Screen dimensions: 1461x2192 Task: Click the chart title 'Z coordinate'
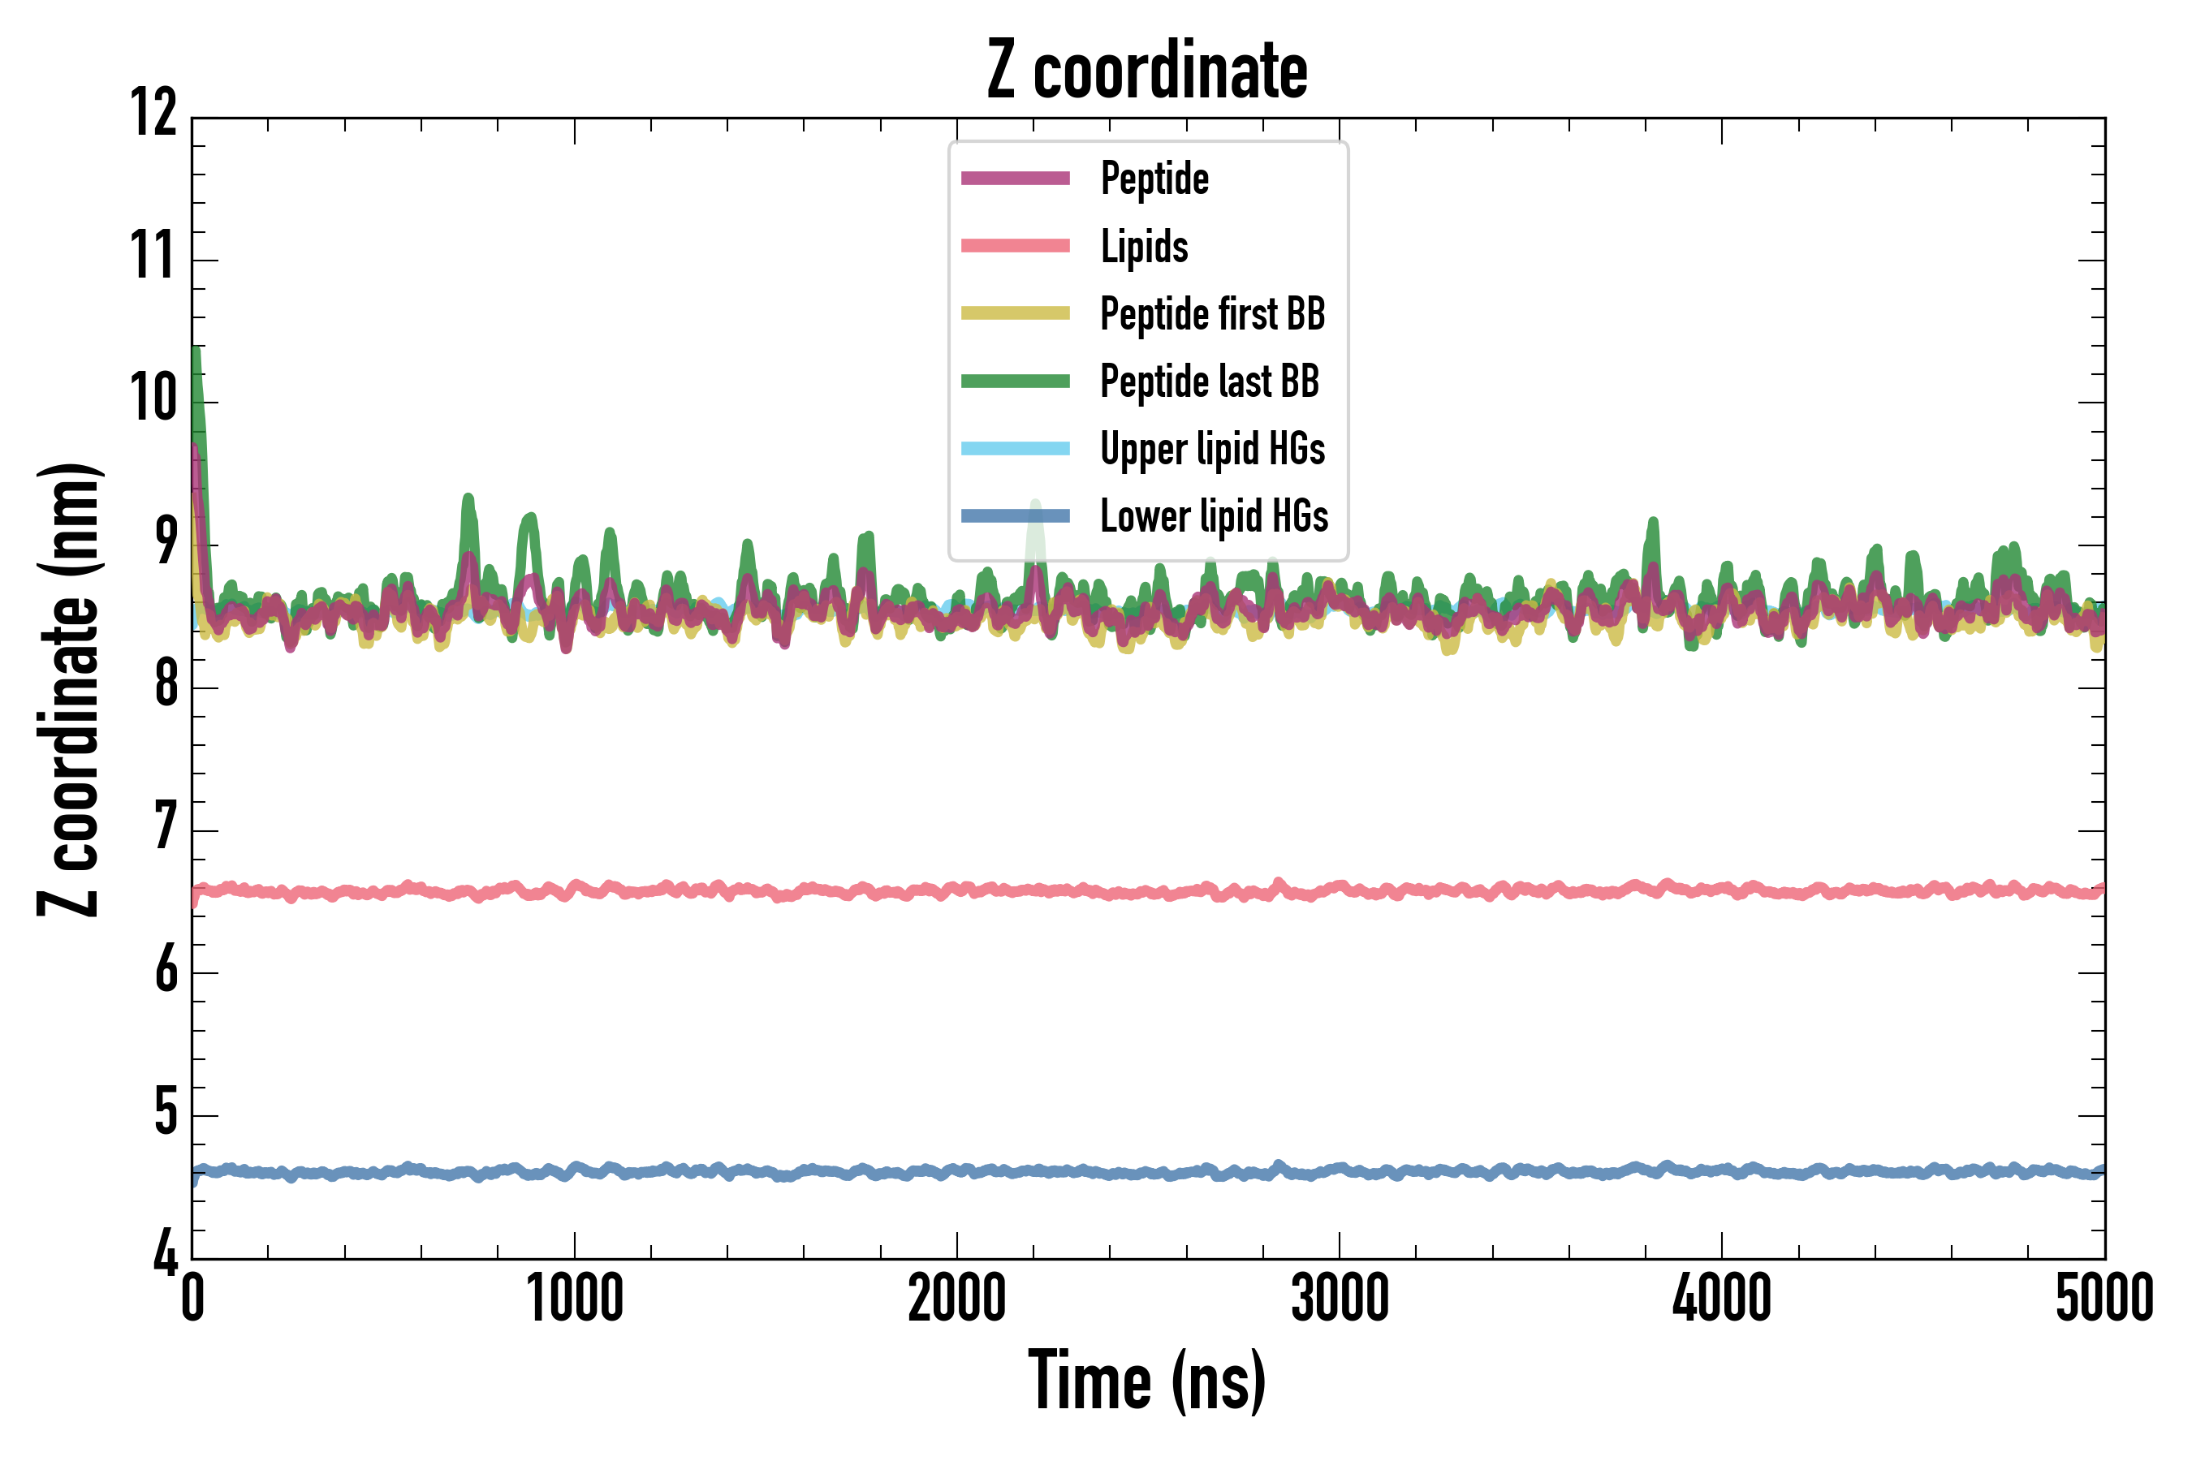pyautogui.click(x=1147, y=71)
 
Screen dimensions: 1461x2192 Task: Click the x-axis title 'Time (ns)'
pyautogui.click(x=1147, y=1381)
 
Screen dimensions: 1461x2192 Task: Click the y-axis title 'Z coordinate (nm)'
pyautogui.click(x=69, y=689)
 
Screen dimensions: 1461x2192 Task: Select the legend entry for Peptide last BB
pyautogui.click(x=1209, y=381)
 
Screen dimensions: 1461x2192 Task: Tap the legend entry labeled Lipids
pyautogui.click(x=1144, y=247)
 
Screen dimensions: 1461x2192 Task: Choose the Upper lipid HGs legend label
pyautogui.click(x=1211, y=449)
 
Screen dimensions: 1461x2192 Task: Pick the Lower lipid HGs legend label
pyautogui.click(x=1214, y=516)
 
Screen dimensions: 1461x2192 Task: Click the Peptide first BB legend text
pyautogui.click(x=1211, y=314)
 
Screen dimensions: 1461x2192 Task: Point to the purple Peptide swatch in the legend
pyautogui.click(x=1015, y=179)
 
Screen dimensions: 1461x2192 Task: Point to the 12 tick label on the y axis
pyautogui.click(x=153, y=114)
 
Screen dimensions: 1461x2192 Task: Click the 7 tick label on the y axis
pyautogui.click(x=166, y=826)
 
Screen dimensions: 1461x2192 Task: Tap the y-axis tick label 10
pyautogui.click(x=153, y=399)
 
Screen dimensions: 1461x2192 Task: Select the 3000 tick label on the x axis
pyautogui.click(x=1340, y=1298)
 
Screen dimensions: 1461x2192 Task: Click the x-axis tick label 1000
pyautogui.click(x=574, y=1298)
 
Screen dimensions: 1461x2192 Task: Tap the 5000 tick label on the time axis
pyautogui.click(x=2104, y=1298)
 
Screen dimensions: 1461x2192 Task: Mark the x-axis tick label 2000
pyautogui.click(x=957, y=1298)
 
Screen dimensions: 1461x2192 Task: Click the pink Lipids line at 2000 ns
pyautogui.click(x=957, y=890)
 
